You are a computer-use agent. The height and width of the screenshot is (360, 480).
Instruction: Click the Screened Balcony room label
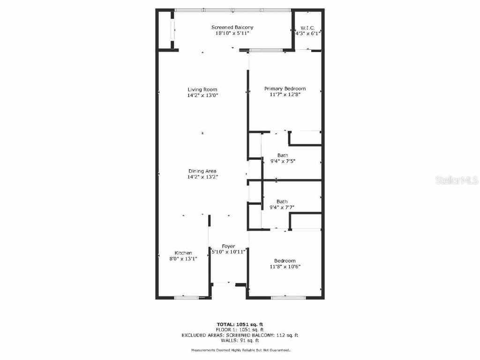[x=232, y=28]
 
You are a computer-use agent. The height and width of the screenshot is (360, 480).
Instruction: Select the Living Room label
[x=202, y=90]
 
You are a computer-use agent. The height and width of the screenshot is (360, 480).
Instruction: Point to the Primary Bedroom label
[x=285, y=89]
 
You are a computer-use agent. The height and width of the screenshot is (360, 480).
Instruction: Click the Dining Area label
[x=202, y=171]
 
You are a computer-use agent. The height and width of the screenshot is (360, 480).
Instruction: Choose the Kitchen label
[x=183, y=253]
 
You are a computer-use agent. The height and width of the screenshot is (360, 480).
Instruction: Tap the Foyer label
[x=228, y=246]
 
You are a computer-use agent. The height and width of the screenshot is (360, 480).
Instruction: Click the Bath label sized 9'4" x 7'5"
[x=282, y=155]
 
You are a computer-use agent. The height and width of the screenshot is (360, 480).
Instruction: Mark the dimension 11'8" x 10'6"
[x=285, y=267]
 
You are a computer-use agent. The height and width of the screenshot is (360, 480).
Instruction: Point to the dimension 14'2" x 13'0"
[x=202, y=95]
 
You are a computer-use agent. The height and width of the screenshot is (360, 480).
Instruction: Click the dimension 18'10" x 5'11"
[x=232, y=33]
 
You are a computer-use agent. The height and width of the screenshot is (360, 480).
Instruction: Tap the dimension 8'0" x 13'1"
[x=183, y=258]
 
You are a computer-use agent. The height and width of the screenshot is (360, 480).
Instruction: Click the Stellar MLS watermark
[x=456, y=180]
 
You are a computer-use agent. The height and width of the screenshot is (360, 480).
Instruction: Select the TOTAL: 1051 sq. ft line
[x=240, y=324]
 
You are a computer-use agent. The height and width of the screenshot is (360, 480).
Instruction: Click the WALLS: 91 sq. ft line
[x=240, y=341]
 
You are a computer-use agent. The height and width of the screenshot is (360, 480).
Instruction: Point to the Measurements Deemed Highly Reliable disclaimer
[x=240, y=350]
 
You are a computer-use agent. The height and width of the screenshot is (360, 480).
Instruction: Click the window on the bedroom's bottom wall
[x=285, y=297]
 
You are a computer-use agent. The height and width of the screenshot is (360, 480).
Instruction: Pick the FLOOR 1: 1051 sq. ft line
[x=240, y=330]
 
